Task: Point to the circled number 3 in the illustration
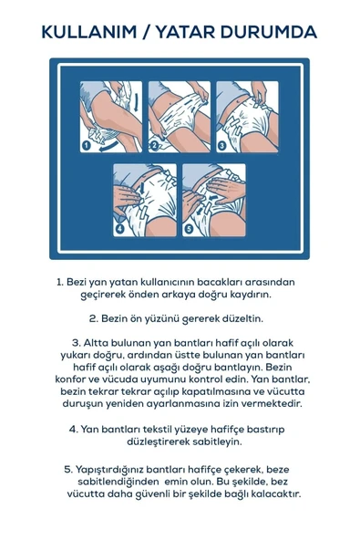point(222,143)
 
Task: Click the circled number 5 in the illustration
point(189,228)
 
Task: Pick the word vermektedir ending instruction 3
point(268,402)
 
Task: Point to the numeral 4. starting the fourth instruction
point(73,427)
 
